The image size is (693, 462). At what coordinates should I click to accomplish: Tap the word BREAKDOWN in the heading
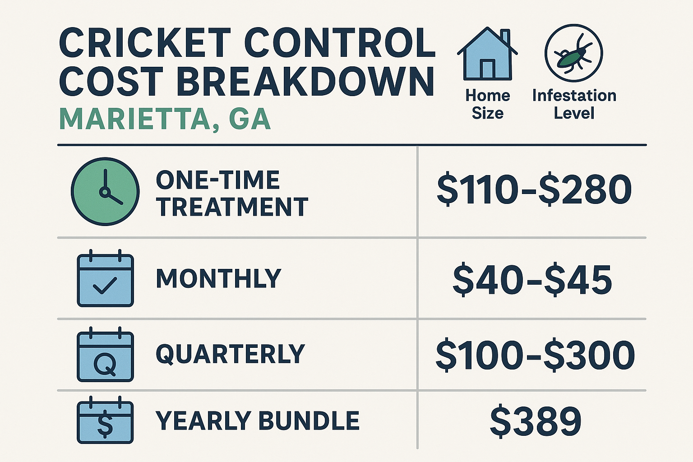[305, 82]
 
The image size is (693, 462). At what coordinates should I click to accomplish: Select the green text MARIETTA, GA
[165, 119]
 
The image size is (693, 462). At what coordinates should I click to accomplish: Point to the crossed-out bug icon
[573, 53]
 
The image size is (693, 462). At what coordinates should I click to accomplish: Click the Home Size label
[487, 104]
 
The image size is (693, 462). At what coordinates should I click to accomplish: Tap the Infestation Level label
[574, 104]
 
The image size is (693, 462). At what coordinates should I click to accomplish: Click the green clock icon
[105, 191]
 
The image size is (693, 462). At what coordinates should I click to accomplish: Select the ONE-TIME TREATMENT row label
[231, 194]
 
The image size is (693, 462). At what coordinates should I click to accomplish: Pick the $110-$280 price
[534, 190]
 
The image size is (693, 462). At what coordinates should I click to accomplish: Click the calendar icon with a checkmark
[105, 278]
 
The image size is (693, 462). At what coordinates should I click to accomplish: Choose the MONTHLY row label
[218, 278]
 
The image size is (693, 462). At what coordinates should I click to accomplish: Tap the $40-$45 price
[532, 280]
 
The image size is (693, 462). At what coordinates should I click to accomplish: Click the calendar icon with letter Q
[105, 355]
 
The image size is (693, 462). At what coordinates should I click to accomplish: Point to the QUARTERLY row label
[230, 354]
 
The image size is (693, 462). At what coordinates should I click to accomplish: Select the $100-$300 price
[535, 355]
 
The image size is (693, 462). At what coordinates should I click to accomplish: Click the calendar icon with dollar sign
[105, 420]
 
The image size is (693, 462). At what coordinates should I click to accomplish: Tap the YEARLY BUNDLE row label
[257, 420]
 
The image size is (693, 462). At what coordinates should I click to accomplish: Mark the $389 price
[536, 421]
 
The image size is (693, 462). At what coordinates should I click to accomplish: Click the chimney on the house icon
[505, 36]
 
